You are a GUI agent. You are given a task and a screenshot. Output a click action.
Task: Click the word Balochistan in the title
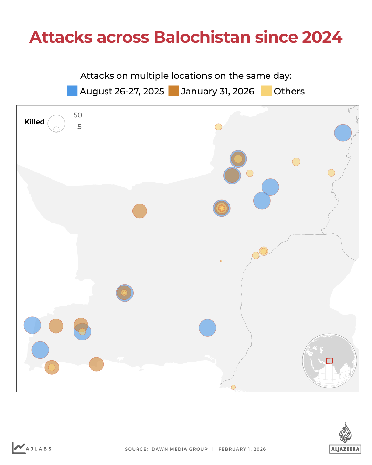[x=202, y=37]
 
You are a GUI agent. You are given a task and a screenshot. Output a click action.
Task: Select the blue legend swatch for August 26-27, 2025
[x=72, y=91]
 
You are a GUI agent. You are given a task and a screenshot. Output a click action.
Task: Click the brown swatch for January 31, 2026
[x=173, y=91]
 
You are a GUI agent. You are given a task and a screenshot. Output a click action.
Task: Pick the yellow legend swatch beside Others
[x=266, y=91]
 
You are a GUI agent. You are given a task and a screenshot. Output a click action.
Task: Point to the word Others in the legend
[x=289, y=91]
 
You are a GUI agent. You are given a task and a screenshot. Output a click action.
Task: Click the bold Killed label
[x=34, y=122]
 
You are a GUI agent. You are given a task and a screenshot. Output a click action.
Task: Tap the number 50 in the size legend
[x=78, y=115]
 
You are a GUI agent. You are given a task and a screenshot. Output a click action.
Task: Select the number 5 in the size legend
[x=79, y=127]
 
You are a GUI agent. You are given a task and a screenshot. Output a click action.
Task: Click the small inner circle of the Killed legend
[x=56, y=129]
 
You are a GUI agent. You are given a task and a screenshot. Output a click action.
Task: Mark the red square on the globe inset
[x=329, y=361]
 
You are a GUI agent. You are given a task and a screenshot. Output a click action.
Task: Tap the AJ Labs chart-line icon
[x=18, y=448]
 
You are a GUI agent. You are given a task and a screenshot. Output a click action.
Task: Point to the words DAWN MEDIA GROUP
[x=180, y=449]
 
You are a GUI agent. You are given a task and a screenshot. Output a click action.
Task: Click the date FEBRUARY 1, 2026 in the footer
[x=242, y=449]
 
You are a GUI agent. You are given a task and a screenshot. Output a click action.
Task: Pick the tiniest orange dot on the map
[x=221, y=261]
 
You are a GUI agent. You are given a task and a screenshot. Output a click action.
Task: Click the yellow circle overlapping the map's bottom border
[x=233, y=387]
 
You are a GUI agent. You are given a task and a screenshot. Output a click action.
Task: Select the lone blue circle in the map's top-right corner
[x=343, y=133]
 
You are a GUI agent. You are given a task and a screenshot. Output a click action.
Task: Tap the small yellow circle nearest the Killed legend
[x=218, y=127]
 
